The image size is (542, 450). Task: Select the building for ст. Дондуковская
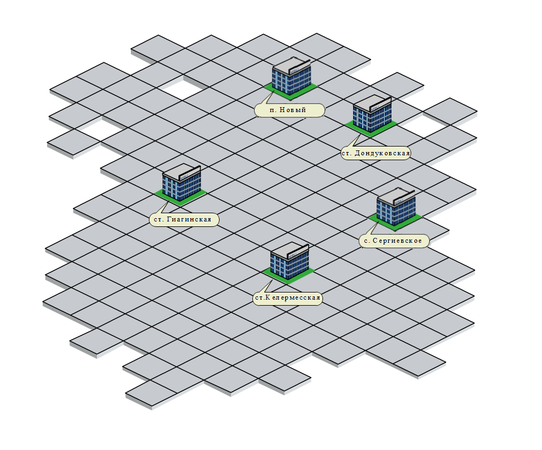pos(372,114)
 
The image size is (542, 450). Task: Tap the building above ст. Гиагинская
pos(181,184)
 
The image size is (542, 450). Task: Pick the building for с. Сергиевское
pos(396,207)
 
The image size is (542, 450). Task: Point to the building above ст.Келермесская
pos(290,262)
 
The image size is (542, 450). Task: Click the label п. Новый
pos(290,110)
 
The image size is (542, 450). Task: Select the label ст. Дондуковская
pos(376,154)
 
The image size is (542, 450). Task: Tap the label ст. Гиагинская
pos(184,220)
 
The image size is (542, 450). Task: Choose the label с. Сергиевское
pos(394,241)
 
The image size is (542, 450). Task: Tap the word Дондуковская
pos(382,154)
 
